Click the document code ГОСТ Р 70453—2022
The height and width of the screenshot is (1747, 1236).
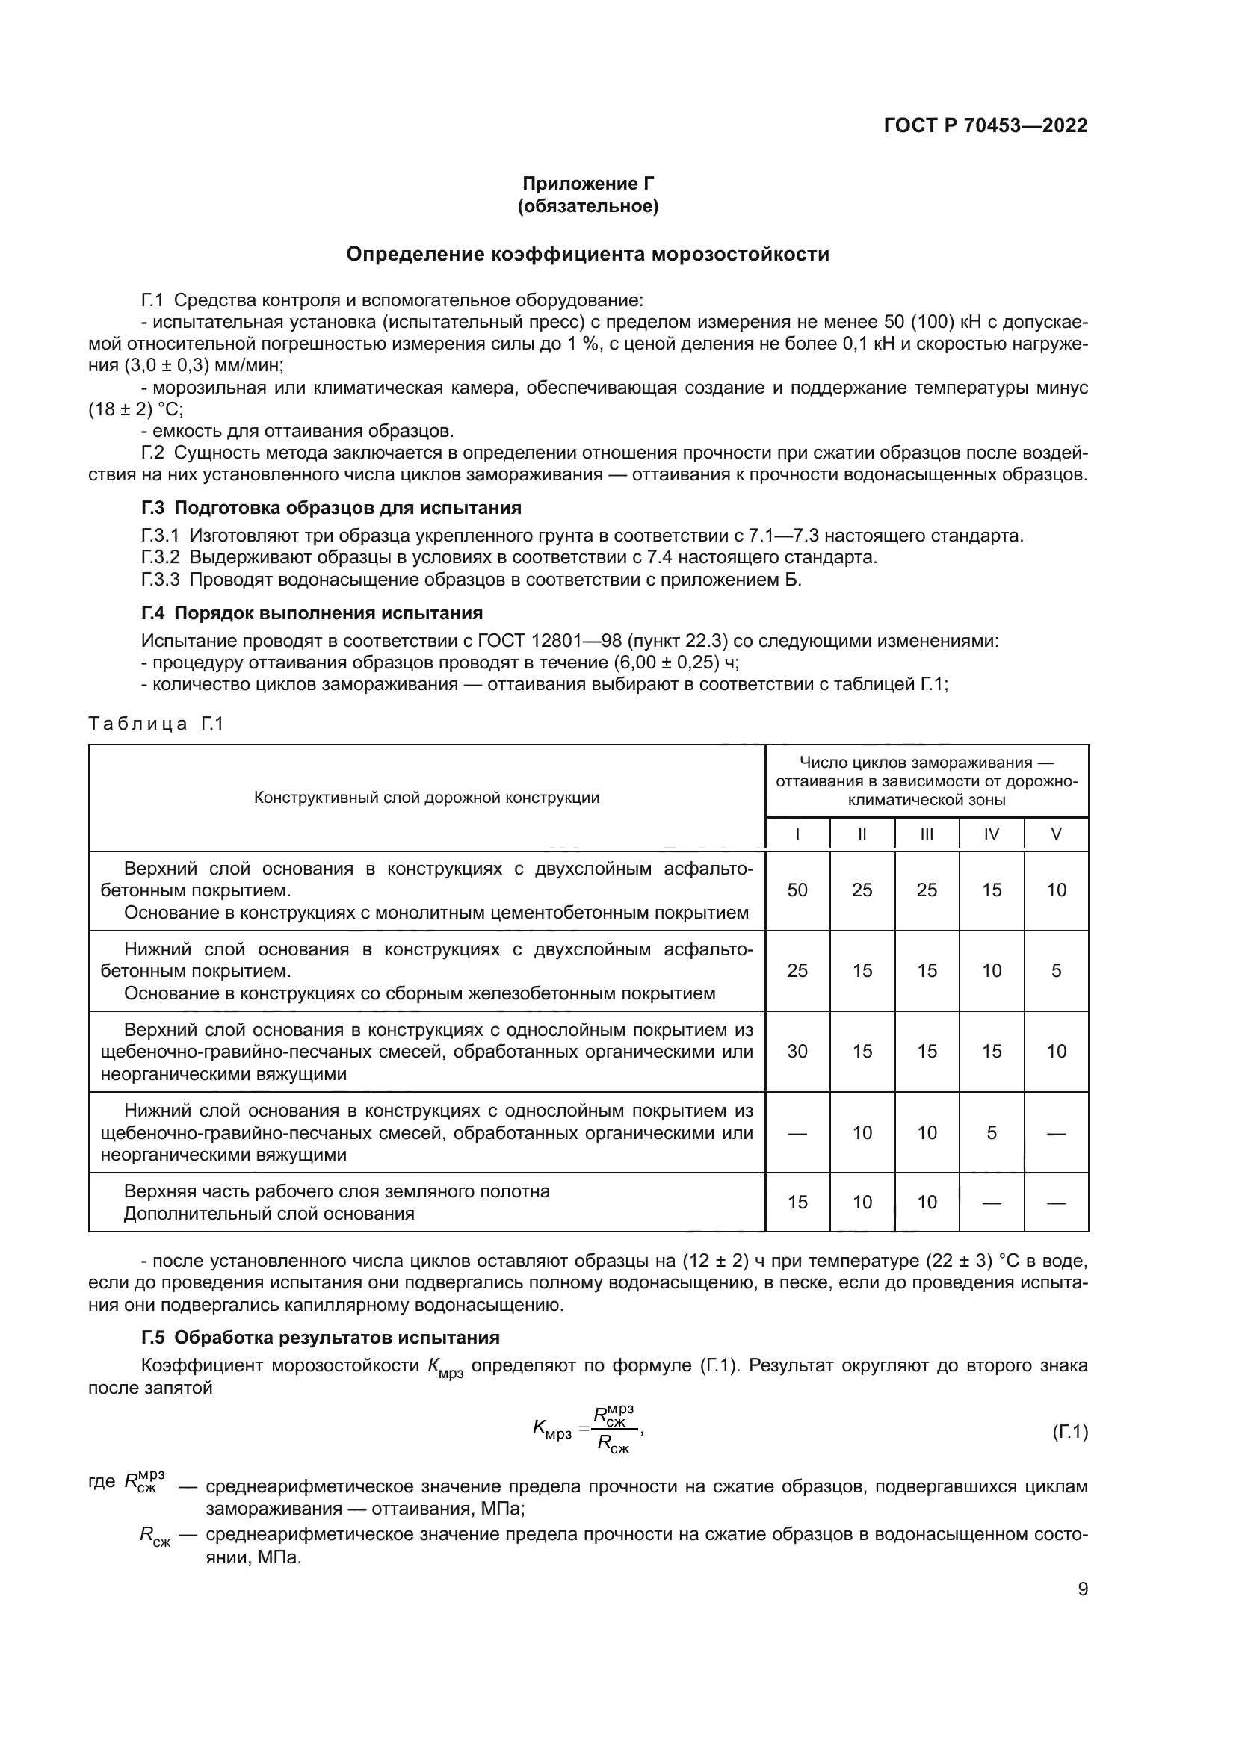tap(985, 125)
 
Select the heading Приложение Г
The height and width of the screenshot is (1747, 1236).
tap(587, 184)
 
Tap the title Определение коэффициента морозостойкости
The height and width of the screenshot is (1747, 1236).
tap(587, 254)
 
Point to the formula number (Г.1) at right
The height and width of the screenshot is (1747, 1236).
tap(1069, 1432)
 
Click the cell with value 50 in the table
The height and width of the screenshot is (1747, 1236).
tap(797, 890)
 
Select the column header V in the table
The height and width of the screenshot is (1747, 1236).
tap(1056, 834)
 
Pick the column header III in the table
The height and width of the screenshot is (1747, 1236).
tap(926, 834)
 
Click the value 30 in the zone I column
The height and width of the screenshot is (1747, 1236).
tap(797, 1052)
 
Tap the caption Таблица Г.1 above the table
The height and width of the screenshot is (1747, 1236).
tap(156, 724)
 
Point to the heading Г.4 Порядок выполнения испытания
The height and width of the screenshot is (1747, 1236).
tap(312, 613)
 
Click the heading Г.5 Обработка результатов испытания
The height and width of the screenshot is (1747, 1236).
tap(321, 1338)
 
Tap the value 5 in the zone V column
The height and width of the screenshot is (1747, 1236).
tap(1056, 971)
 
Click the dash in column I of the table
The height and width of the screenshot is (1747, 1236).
tap(797, 1133)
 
